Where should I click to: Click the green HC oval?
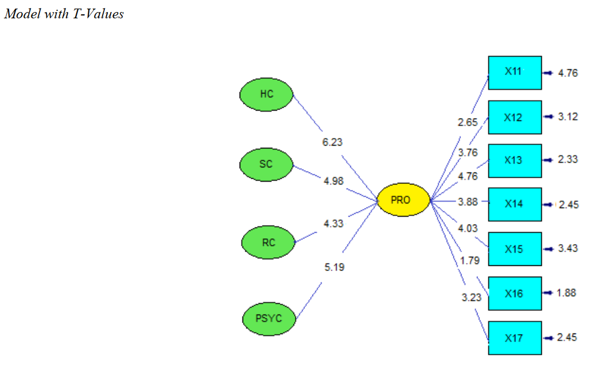[267, 94]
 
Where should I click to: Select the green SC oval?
[266, 164]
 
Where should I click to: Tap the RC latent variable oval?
[268, 242]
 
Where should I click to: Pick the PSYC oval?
[268, 317]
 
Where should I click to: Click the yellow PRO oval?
[403, 200]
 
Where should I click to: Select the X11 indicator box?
[514, 72]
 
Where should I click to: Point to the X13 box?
[514, 160]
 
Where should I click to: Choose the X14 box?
[514, 204]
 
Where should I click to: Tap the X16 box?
[514, 293]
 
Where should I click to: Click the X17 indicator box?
[514, 338]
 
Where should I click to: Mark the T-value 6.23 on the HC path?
[333, 142]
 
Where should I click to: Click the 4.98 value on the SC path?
[334, 181]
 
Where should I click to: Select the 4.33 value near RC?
[334, 223]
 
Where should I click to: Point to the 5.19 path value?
[334, 267]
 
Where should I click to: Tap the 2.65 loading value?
[467, 122]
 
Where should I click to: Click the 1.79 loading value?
[470, 261]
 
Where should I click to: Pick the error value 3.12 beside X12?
[568, 116]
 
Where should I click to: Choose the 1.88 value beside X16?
[566, 293]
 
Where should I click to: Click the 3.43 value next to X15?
[568, 248]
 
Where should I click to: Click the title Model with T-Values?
[64, 14]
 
